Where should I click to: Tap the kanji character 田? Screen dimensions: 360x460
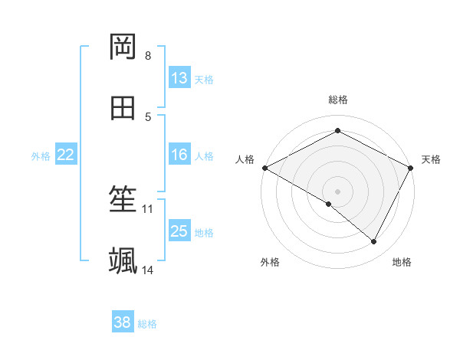pos(123,108)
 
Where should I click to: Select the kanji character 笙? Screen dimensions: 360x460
pos(123,200)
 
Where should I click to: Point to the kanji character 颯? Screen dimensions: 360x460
pos(123,260)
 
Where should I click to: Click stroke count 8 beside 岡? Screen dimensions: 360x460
pos(148,56)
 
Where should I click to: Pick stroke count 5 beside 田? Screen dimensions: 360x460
pos(148,117)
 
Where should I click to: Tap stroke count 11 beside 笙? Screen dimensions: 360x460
pos(148,208)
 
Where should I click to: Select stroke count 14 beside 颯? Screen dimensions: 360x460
pos(148,270)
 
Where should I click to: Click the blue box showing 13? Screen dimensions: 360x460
pos(179,78)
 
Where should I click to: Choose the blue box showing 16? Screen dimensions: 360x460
pos(179,155)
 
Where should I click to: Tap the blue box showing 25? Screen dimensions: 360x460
pos(179,231)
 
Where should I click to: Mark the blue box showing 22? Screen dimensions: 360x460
pos(66,155)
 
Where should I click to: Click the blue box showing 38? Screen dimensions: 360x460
pos(123,322)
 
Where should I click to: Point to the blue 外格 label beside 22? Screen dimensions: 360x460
pos(41,155)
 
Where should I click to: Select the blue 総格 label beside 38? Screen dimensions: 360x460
pos(147,323)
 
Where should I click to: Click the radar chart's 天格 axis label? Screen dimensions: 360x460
pos(431,159)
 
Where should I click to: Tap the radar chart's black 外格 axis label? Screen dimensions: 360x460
pos(270,262)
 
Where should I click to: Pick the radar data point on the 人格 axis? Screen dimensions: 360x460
pos(264,168)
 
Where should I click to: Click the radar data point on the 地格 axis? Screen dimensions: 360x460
pos(374,242)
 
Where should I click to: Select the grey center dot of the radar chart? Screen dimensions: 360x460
pos(337,191)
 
